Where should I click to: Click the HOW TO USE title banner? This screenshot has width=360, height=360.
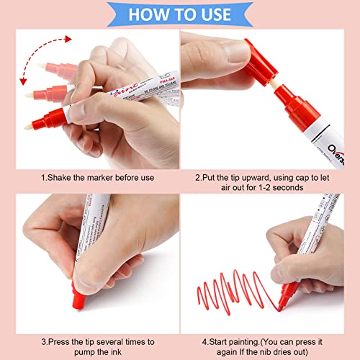[x=180, y=14]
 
